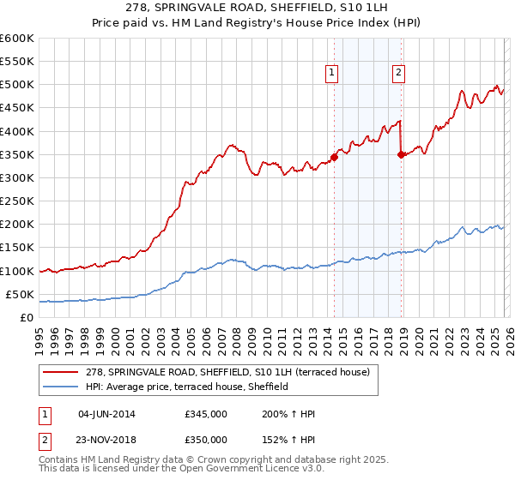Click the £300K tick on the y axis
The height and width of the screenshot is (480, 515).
tap(17, 177)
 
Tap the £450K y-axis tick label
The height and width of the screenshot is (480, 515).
tap(17, 108)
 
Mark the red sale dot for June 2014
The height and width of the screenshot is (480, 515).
tap(334, 157)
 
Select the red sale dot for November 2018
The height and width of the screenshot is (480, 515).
tap(401, 154)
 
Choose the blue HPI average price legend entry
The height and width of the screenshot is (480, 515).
tap(186, 387)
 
